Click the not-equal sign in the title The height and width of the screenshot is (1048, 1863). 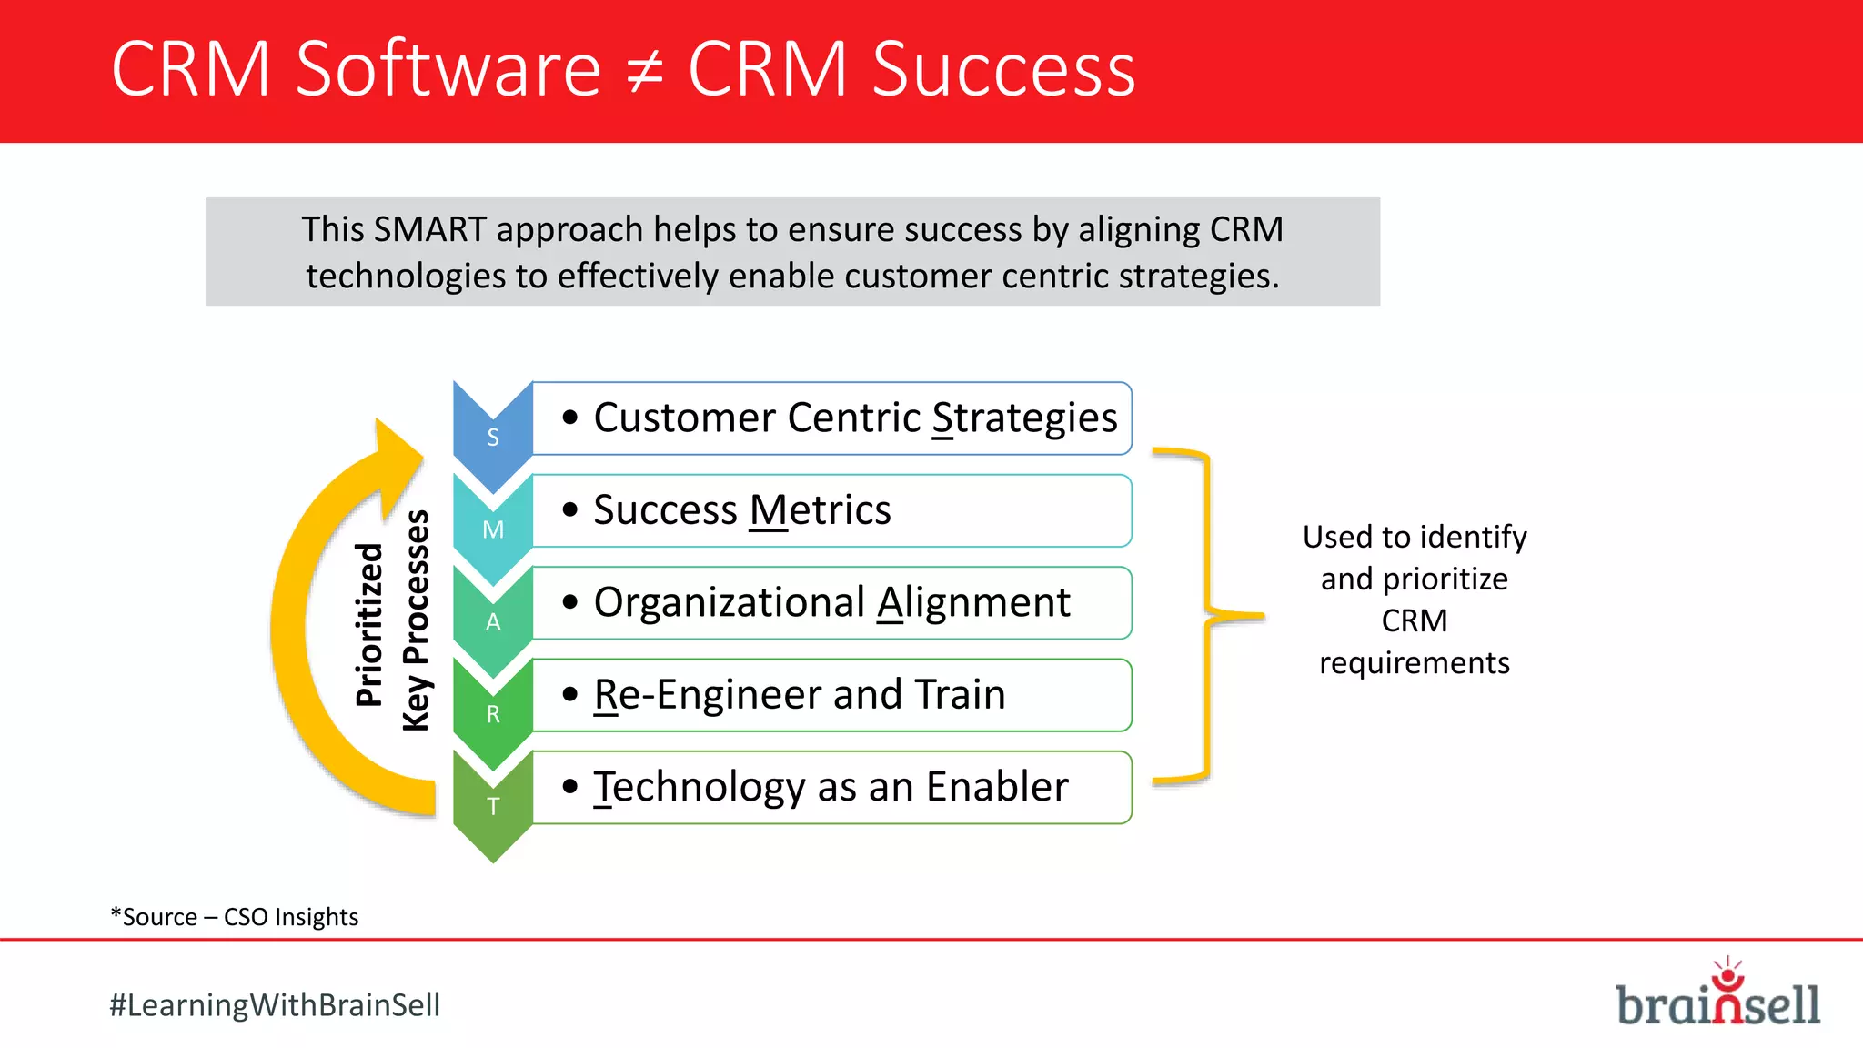point(644,71)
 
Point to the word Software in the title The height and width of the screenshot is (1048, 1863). point(448,69)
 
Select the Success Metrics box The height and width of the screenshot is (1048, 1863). point(831,510)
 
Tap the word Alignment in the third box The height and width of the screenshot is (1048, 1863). point(973,602)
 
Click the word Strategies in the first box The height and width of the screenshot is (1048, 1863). point(1024,418)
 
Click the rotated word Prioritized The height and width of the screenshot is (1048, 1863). point(369,624)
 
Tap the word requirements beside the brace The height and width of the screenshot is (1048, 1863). point(1414,663)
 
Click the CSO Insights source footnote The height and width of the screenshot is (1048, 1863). point(235,917)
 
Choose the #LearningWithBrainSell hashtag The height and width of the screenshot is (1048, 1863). point(275,1005)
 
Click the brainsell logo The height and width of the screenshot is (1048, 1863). point(1717,999)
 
